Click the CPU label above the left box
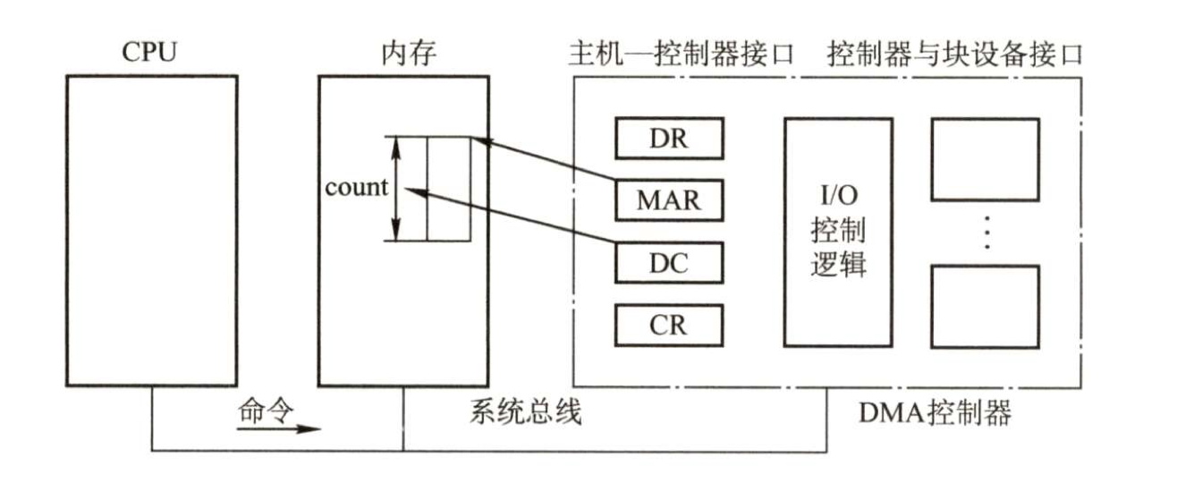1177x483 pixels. (149, 53)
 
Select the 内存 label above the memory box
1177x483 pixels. (403, 53)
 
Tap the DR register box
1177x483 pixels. (669, 139)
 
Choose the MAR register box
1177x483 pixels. (669, 199)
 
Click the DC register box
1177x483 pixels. (669, 263)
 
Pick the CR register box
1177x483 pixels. (669, 323)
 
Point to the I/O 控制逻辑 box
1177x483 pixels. (838, 232)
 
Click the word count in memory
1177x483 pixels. (356, 188)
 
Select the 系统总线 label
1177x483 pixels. (526, 412)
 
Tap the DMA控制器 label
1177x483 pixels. (935, 412)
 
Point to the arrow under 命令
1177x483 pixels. (278, 428)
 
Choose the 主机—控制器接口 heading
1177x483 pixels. (682, 54)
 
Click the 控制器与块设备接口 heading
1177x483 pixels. (955, 54)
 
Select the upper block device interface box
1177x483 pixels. (986, 159)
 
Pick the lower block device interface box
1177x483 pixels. (986, 306)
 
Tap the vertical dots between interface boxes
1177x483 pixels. (986, 232)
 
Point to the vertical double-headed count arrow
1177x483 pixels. (395, 188)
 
